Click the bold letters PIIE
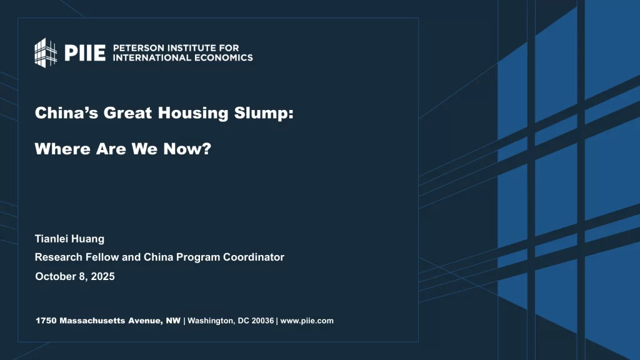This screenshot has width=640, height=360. click(x=85, y=52)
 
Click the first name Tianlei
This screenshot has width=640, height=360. click(x=52, y=239)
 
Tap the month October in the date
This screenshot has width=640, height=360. click(x=54, y=276)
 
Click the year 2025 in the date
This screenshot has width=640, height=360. click(x=102, y=276)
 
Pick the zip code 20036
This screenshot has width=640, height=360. click(x=259, y=321)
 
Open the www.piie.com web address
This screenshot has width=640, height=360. click(x=307, y=321)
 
